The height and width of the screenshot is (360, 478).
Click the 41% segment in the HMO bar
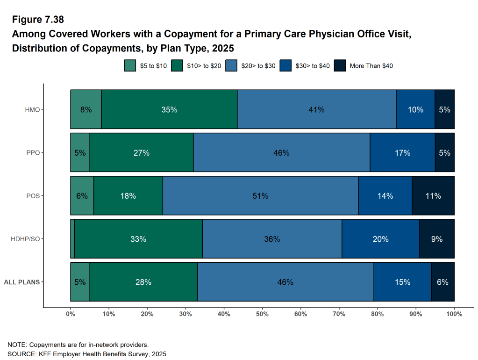tap(316, 109)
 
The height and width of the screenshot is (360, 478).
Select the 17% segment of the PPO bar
tap(402, 153)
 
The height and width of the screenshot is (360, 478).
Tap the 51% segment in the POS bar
tap(260, 196)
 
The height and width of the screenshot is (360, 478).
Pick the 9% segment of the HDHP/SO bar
tap(437, 239)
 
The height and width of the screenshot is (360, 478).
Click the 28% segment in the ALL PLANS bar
tap(143, 282)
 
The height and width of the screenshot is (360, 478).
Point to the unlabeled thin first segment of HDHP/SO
tap(72, 239)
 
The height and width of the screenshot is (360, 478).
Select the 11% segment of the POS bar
tap(433, 196)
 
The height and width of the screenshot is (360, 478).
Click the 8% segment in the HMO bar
tap(86, 109)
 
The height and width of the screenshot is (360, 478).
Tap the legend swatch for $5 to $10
tap(129, 66)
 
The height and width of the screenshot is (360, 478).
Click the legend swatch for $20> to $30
tap(231, 66)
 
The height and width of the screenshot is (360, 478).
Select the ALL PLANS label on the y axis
tap(21, 282)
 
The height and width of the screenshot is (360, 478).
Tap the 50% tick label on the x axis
tap(262, 314)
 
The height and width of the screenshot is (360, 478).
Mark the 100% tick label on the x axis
tap(454, 314)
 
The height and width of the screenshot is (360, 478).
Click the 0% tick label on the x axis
tap(71, 314)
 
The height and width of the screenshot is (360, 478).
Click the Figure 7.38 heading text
tap(38, 20)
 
